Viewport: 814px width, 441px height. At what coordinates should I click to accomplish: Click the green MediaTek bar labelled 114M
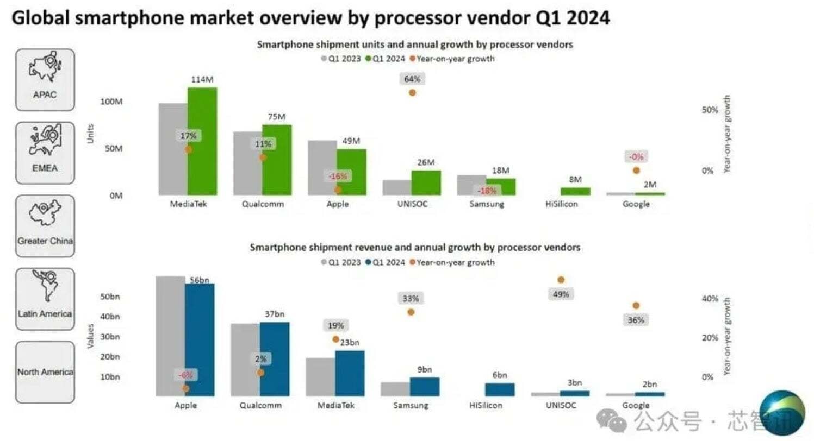point(202,141)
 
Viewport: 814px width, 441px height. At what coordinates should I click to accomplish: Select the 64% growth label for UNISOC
point(412,79)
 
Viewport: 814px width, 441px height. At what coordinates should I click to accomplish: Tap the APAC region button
point(45,79)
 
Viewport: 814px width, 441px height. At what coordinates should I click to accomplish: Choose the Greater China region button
point(45,226)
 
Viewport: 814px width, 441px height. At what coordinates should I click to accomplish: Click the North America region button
point(45,372)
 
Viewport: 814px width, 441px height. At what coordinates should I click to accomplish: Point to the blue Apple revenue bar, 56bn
point(200,339)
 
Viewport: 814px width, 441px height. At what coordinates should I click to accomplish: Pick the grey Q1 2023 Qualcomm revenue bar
point(245,360)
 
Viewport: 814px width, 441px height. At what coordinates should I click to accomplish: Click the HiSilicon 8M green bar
point(575,191)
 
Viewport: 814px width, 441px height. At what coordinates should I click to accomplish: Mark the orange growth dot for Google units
point(636,171)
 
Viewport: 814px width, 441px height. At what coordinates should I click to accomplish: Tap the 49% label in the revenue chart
point(561,294)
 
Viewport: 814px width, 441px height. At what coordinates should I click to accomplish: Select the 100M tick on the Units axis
point(113,102)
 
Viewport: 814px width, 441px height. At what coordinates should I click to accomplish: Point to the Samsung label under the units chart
point(486,205)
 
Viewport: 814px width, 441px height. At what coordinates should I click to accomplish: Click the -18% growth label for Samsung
point(487,191)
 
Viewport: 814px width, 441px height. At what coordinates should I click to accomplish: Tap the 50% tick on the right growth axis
point(710,110)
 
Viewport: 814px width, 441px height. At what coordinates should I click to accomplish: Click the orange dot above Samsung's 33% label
point(411,312)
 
